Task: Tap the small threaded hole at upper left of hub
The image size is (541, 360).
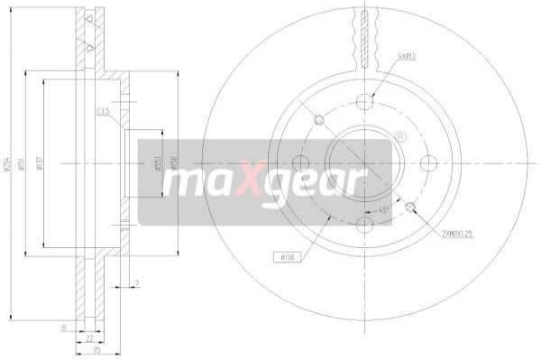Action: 317,120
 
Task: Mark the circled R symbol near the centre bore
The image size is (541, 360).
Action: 400,136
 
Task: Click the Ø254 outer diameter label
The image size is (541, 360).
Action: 8,163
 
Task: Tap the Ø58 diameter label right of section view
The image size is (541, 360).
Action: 171,163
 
